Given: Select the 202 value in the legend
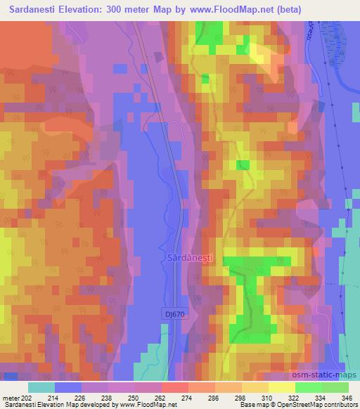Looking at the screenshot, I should (25, 397).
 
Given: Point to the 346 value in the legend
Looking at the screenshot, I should (347, 397).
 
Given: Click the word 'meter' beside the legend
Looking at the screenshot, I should (10, 397).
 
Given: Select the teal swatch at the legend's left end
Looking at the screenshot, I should (41, 387).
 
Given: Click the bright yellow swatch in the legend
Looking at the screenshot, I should (281, 387).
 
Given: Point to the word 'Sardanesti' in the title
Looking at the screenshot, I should (32, 9).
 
